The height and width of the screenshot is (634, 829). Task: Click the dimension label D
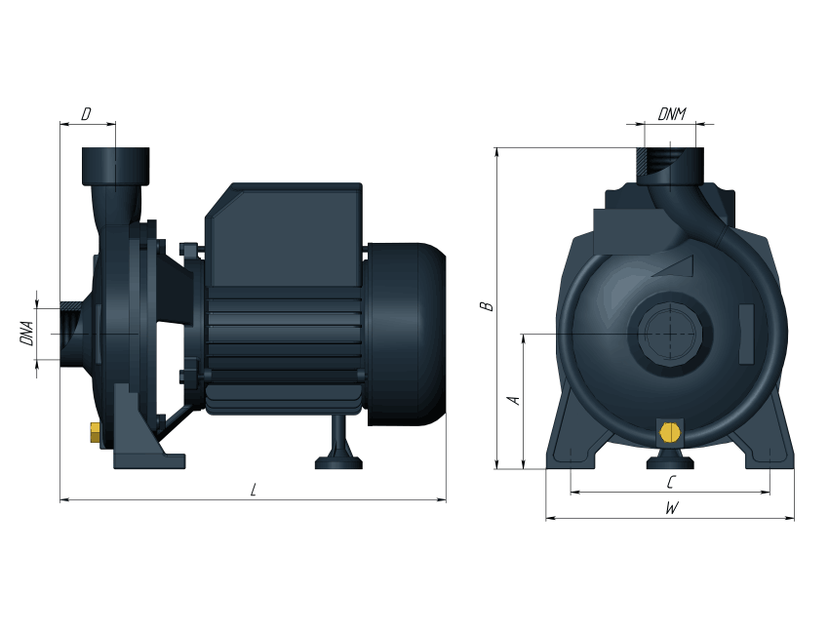[86, 114]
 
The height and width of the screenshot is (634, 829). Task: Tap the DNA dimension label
[27, 334]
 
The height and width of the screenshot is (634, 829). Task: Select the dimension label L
[254, 490]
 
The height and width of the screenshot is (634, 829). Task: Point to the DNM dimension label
[672, 114]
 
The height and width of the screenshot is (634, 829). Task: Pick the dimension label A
[514, 400]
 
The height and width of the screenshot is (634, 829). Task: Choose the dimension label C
[671, 482]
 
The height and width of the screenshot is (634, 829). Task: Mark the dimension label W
[671, 508]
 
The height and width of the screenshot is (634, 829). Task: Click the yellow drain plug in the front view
[670, 432]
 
